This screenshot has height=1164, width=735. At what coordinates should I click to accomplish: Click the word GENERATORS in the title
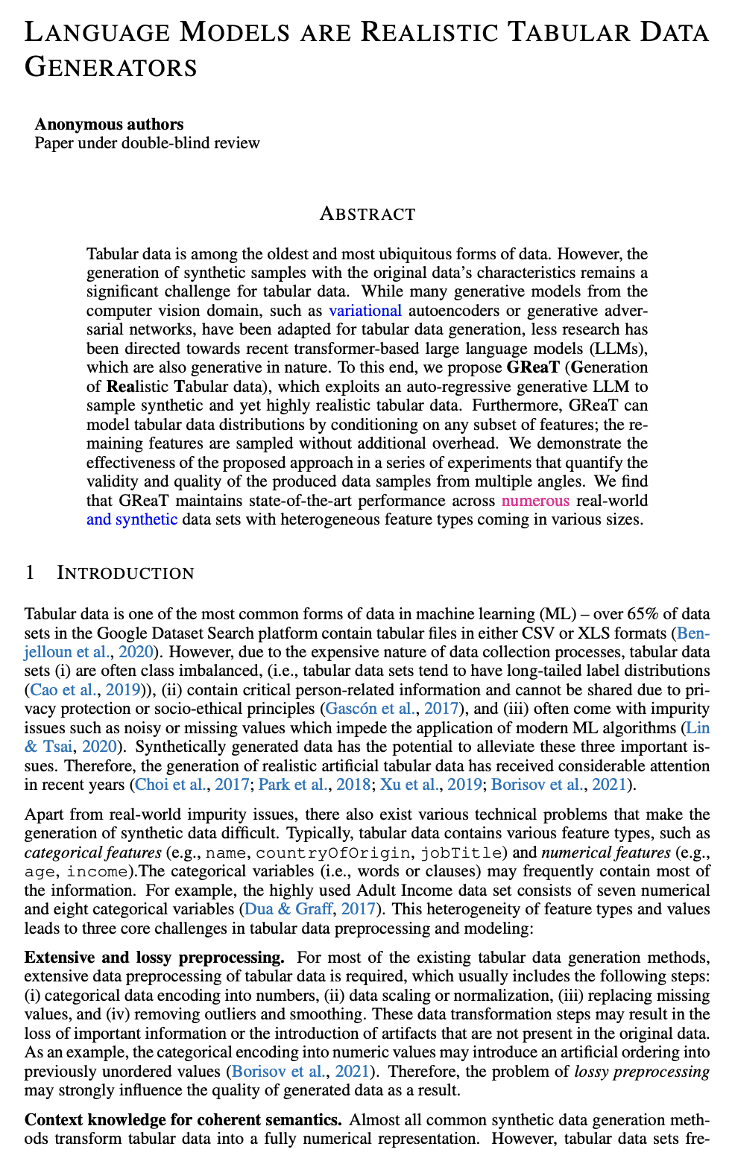click(111, 67)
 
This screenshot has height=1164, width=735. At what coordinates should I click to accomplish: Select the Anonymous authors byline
click(109, 124)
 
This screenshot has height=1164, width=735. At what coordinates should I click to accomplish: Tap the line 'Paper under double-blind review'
click(147, 142)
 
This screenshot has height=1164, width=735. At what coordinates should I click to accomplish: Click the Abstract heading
click(367, 214)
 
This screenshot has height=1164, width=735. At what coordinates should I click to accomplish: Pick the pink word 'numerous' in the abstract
click(536, 500)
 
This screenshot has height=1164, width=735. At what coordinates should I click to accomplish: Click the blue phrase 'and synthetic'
click(132, 519)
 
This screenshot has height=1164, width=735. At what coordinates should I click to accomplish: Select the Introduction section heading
click(125, 572)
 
